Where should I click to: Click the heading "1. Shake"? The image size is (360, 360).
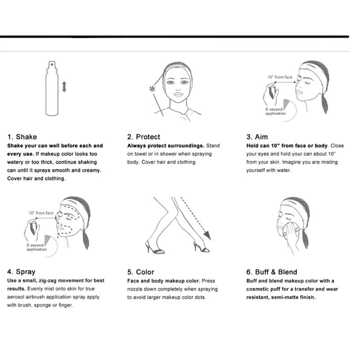22,137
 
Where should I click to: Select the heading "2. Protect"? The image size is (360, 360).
144,137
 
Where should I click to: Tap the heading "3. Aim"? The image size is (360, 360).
257,137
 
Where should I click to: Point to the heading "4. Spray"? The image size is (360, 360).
21,272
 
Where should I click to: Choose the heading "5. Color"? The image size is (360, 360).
140,272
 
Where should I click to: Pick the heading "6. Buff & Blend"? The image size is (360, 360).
272,272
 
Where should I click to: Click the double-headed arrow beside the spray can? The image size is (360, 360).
64,87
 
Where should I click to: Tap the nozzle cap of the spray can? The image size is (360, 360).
52,64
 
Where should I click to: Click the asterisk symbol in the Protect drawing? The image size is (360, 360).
152,89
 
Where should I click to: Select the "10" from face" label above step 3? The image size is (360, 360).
279,77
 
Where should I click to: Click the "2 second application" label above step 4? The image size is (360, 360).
37,247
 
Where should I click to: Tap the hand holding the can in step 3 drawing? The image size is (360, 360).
270,94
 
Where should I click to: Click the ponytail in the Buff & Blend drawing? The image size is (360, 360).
305,239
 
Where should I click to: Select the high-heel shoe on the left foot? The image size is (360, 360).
154,247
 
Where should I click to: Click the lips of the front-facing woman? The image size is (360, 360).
178,94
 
